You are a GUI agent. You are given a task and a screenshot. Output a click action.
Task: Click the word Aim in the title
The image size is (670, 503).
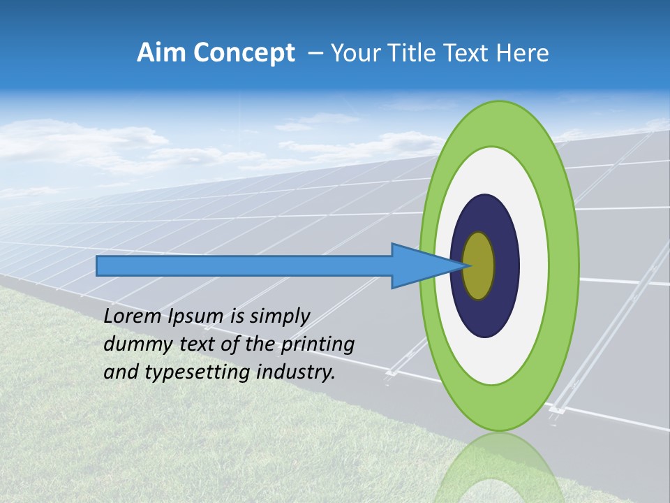pos(161,53)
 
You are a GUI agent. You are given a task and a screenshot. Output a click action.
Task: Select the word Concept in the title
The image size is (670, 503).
pos(244,53)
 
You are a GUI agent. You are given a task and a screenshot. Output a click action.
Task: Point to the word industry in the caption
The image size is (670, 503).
pos(296,372)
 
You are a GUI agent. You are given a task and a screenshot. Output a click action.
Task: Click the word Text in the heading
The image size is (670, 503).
pos(466,53)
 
